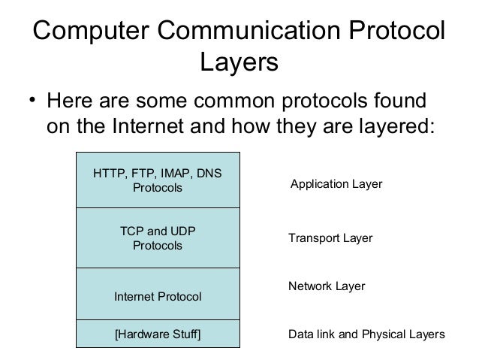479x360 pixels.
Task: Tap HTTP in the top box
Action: (107, 174)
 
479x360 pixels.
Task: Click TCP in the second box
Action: (133, 231)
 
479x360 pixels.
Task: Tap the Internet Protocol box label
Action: (157, 297)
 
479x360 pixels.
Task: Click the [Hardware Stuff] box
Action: (157, 333)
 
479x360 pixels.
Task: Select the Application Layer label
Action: (336, 183)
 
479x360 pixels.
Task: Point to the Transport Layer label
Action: (330, 238)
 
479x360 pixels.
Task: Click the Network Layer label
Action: (327, 286)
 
